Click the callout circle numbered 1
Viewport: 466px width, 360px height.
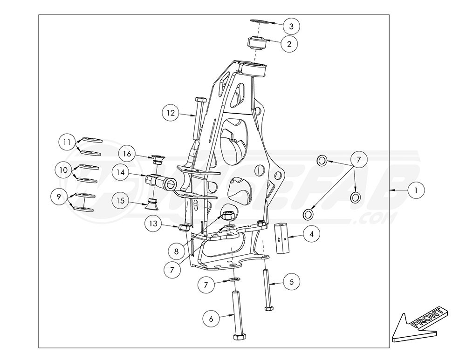coord(416,190)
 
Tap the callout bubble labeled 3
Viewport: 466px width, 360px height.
coord(290,24)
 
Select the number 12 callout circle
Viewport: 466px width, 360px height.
coord(171,113)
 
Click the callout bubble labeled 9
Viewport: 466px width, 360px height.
coord(59,197)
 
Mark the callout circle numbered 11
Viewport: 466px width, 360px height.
coord(67,141)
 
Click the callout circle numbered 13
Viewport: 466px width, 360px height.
coord(153,224)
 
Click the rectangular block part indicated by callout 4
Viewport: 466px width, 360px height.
coord(282,238)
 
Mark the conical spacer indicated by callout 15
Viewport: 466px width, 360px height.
coord(151,204)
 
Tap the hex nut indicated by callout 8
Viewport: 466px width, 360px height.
coord(228,215)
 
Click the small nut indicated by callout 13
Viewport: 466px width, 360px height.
coord(184,227)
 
